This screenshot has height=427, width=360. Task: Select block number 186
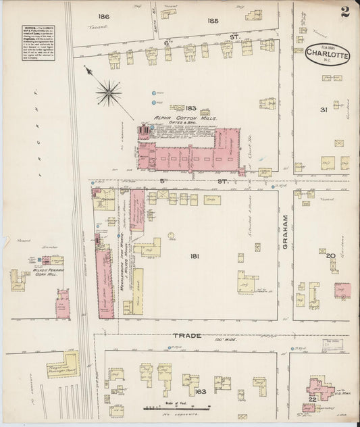pyautogui.click(x=103, y=16)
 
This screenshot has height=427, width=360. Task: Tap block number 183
pyautogui.click(x=191, y=107)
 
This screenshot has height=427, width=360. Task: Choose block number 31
pyautogui.click(x=323, y=110)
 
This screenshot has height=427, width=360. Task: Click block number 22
pyautogui.click(x=311, y=401)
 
